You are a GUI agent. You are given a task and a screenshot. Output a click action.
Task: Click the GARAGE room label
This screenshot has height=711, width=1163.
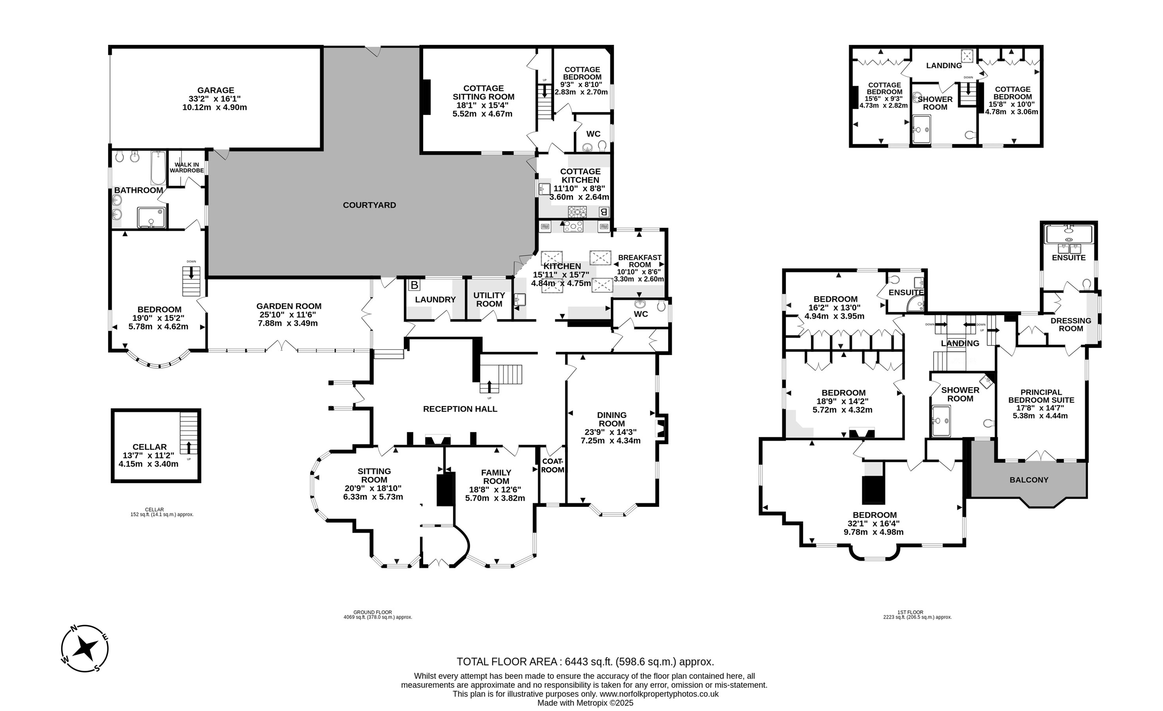pyautogui.click(x=216, y=90)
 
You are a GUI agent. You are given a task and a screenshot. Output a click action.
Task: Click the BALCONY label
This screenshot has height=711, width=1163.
pyautogui.click(x=1029, y=480)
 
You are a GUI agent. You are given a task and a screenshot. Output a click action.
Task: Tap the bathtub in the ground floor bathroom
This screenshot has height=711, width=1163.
pyautogui.click(x=158, y=168)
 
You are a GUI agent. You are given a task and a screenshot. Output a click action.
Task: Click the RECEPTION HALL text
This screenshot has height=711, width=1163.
pyautogui.click(x=460, y=409)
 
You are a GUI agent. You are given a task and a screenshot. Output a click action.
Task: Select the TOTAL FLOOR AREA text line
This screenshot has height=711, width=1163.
pyautogui.click(x=585, y=662)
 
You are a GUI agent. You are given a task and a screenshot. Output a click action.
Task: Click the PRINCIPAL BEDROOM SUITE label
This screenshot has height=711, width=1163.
pyautogui.click(x=1041, y=396)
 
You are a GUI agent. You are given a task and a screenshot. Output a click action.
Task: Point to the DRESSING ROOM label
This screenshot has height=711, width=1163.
pyautogui.click(x=1071, y=324)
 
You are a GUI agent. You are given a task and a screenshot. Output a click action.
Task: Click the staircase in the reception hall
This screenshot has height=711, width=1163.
pyautogui.click(x=501, y=379)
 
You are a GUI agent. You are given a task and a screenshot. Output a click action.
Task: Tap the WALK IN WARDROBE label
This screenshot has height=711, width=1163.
pyautogui.click(x=187, y=168)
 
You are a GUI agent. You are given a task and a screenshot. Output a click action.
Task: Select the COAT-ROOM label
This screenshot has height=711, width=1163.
pyautogui.click(x=552, y=466)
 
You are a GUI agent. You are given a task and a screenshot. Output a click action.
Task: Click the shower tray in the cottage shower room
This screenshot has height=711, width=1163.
pyautogui.click(x=921, y=129)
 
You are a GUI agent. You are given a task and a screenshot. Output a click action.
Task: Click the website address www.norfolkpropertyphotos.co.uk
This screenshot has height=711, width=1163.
pyautogui.click(x=659, y=694)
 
